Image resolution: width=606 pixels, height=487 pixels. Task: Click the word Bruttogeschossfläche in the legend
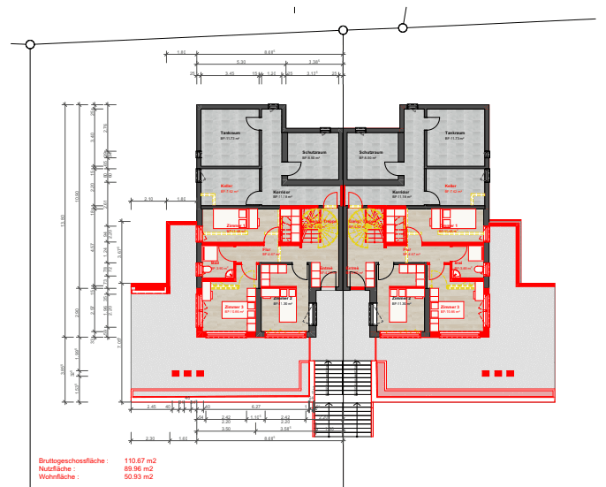pos(72,460)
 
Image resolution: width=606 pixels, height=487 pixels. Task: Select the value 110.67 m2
pos(140,460)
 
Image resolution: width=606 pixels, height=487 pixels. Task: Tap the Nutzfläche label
pos(57,468)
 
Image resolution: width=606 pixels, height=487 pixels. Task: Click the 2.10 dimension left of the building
pos(148,199)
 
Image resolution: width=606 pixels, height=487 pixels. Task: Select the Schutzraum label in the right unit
pos(371,152)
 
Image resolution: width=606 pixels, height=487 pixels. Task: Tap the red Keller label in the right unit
pos(451,186)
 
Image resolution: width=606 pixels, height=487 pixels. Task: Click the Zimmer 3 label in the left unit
pos(235,307)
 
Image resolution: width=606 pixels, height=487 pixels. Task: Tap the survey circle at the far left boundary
pos(30,43)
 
